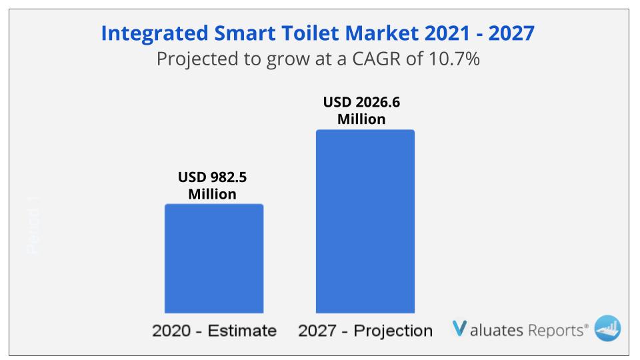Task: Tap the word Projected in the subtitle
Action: [x=193, y=59]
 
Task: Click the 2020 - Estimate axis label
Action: [x=214, y=331]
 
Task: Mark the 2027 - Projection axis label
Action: [x=365, y=331]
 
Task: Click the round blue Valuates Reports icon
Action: [x=607, y=329]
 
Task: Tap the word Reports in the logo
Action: [x=556, y=329]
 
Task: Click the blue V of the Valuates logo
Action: [x=459, y=329]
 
